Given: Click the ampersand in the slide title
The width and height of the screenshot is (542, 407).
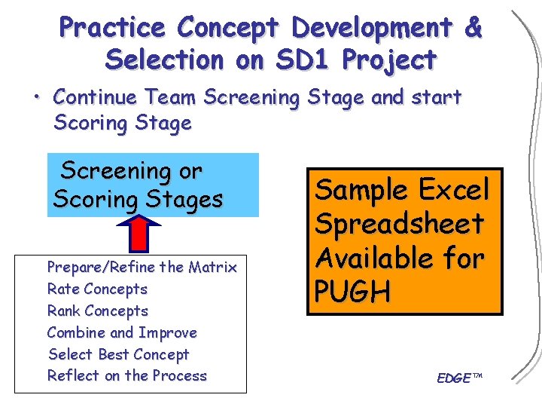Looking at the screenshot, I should click(x=473, y=28).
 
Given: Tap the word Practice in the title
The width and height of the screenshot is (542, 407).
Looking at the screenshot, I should click(x=112, y=28).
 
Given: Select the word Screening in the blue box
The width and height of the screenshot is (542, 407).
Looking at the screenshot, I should click(x=131, y=172).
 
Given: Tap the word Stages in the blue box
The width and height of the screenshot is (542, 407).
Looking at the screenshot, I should click(x=185, y=200).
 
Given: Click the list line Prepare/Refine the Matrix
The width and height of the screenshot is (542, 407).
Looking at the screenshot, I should click(x=142, y=267).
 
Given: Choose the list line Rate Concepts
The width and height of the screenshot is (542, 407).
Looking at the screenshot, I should click(x=97, y=289).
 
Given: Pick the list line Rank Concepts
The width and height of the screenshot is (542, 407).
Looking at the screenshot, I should click(x=97, y=311).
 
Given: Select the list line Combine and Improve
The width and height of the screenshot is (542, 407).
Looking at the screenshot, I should click(x=122, y=332).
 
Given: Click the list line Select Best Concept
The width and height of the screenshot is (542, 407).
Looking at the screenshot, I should click(x=118, y=354).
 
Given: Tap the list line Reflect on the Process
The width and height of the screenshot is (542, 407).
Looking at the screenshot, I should click(x=126, y=375).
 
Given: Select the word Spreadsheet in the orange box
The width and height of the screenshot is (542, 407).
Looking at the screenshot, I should click(x=399, y=224).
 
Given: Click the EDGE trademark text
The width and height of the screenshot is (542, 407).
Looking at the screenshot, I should click(x=456, y=378).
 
